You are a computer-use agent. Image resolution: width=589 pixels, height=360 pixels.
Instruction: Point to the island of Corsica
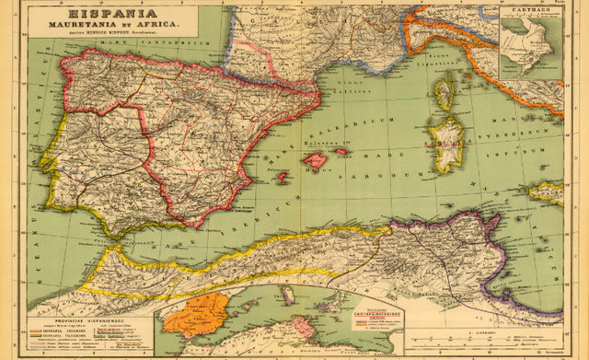pyautogui.click(x=444, y=93)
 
